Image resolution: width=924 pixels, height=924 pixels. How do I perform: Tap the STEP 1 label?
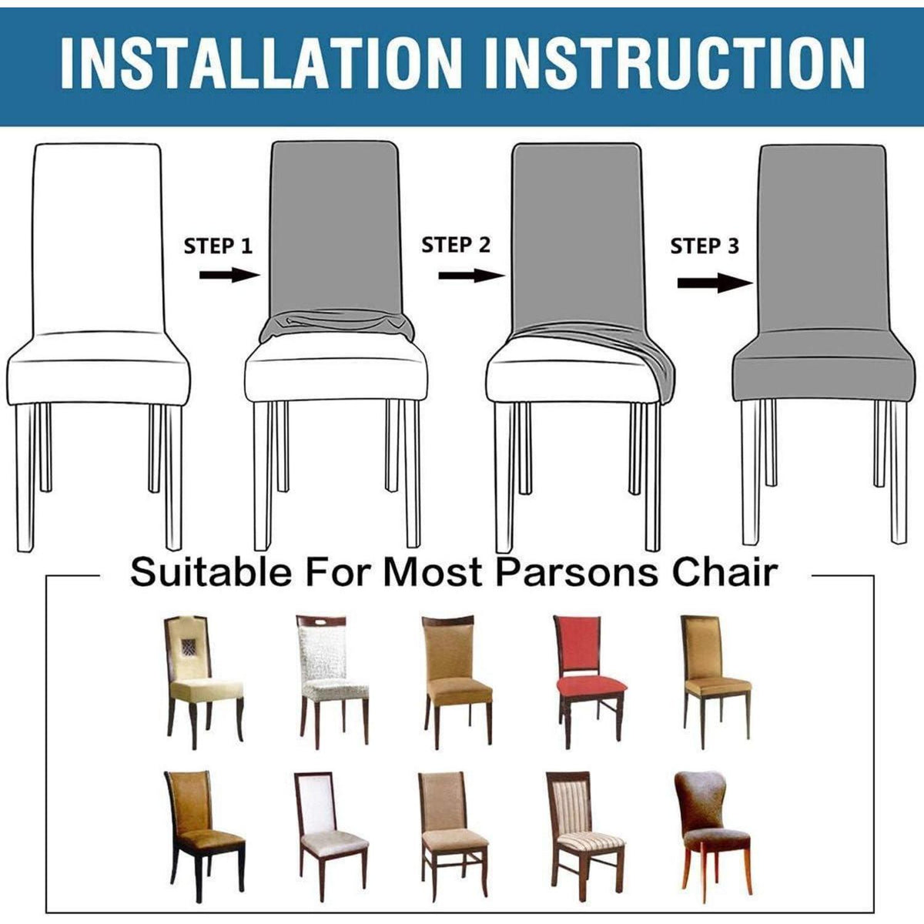[x=218, y=246]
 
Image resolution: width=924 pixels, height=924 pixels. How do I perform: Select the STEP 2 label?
[x=456, y=245]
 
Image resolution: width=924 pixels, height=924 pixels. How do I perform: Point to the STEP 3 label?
[x=705, y=246]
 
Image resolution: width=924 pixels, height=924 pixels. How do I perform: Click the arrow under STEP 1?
[x=229, y=275]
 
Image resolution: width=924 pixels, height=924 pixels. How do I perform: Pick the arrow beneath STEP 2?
[x=472, y=275]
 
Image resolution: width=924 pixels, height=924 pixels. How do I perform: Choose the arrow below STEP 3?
[x=715, y=283]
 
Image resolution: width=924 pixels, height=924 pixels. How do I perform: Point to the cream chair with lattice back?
[x=203, y=682]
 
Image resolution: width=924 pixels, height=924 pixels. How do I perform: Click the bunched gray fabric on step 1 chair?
[x=336, y=325]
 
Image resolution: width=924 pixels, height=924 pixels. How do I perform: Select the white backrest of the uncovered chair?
[x=99, y=238]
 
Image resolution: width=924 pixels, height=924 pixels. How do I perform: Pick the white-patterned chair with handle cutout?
[x=333, y=681]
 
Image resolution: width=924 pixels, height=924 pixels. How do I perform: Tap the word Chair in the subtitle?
[x=725, y=571]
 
